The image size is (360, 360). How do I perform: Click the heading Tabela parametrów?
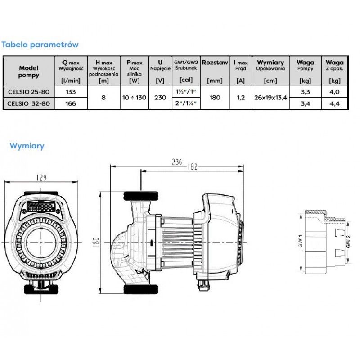[40, 45]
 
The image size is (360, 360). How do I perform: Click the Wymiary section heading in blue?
[27, 146]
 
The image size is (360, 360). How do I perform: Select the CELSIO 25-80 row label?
[29, 92]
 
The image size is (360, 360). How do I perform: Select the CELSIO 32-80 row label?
[29, 103]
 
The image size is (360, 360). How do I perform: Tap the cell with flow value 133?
[71, 92]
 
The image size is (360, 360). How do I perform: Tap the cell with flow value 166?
[71, 103]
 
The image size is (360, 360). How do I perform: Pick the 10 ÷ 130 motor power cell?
[135, 98]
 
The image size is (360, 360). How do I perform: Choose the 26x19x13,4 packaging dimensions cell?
[270, 98]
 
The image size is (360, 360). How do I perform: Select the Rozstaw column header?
[215, 63]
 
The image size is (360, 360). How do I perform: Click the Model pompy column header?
[29, 72]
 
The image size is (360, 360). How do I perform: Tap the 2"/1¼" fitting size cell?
[186, 103]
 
